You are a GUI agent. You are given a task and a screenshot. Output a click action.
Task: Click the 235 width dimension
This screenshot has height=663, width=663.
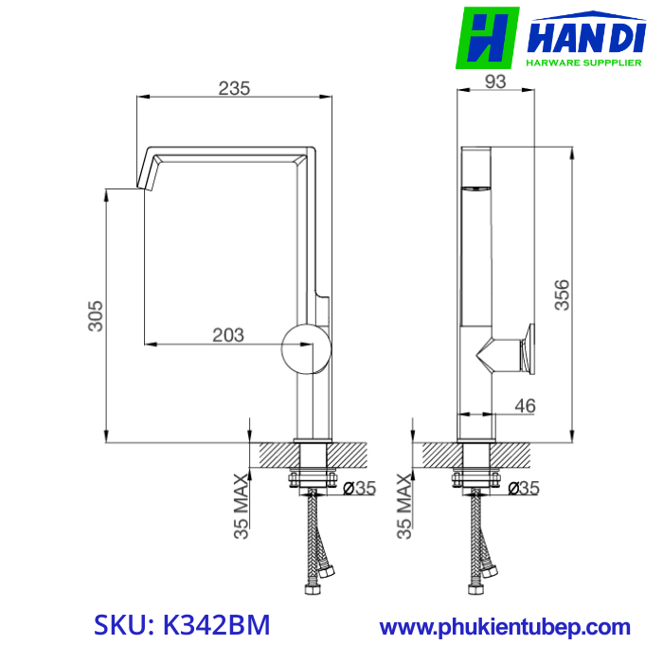[x=234, y=88]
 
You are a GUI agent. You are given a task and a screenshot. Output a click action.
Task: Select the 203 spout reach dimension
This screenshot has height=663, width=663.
[x=228, y=334]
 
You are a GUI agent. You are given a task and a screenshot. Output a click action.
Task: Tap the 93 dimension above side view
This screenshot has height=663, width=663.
[x=494, y=82]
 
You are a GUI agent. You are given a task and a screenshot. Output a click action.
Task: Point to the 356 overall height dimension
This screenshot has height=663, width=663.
[x=562, y=295]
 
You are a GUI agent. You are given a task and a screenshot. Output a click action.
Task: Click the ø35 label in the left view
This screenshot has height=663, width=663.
[x=359, y=489]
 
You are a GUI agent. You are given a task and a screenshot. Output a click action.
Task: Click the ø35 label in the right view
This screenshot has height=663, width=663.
[x=523, y=489]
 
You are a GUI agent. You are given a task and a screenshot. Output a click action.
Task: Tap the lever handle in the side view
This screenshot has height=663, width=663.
[x=524, y=347]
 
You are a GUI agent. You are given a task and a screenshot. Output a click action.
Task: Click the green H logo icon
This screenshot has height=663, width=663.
[x=487, y=38]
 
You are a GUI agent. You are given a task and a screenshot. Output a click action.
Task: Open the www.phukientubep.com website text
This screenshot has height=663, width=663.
[x=505, y=627]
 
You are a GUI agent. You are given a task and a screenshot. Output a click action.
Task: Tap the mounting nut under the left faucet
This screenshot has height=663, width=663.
[x=314, y=478]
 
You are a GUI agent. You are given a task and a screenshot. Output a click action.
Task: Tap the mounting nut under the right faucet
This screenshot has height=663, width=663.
[x=476, y=478]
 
